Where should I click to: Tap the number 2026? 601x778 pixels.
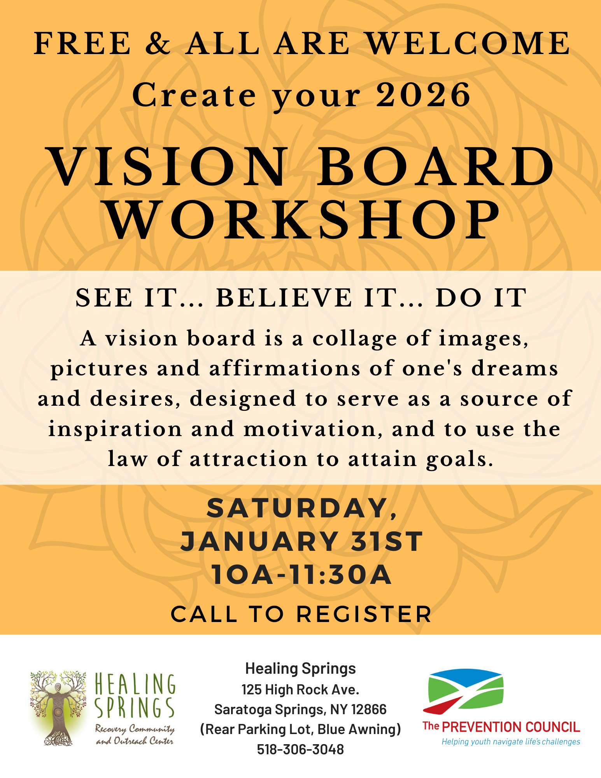[x=423, y=95]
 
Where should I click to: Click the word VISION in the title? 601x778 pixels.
[x=168, y=167]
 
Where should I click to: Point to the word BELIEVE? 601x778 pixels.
[x=284, y=298]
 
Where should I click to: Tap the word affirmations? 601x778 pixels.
[x=285, y=369]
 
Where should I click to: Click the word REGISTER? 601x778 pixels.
[x=364, y=614]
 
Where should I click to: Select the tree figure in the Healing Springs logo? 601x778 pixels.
[x=58, y=708]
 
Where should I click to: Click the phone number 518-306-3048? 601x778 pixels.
[x=300, y=749]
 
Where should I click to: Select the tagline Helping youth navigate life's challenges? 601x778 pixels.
[x=511, y=741]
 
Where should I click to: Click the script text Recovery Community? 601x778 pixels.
[x=135, y=728]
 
